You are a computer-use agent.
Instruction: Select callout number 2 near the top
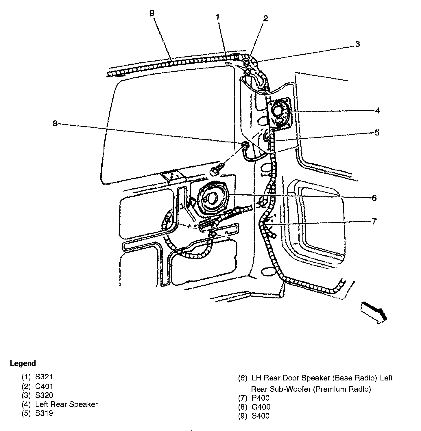pyautogui.click(x=265, y=18)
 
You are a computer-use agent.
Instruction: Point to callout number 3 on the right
pyautogui.click(x=358, y=44)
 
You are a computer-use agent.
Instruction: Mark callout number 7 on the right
pyautogui.click(x=374, y=221)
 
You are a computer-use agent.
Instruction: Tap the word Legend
pyautogui.click(x=23, y=363)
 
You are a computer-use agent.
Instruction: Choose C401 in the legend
pyautogui.click(x=44, y=386)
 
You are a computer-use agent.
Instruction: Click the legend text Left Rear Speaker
pyautogui.click(x=67, y=404)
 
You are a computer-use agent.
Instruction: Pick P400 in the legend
pyautogui.click(x=261, y=398)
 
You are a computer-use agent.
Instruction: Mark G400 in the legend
pyautogui.click(x=261, y=407)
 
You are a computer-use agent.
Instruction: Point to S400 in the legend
pyautogui.click(x=261, y=416)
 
